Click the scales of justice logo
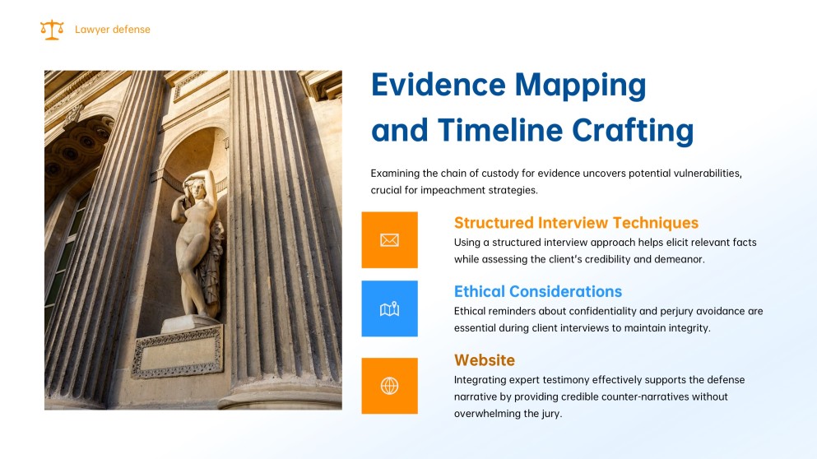(52, 30)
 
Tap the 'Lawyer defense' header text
(113, 30)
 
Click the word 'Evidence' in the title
(439, 85)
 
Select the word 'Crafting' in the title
(633, 130)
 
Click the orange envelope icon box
(390, 239)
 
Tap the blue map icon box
(390, 308)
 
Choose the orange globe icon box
(390, 386)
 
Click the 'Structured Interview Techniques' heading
(576, 223)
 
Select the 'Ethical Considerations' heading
(538, 291)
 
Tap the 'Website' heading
(484, 360)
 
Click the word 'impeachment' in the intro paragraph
(453, 190)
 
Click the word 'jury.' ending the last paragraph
(552, 414)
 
